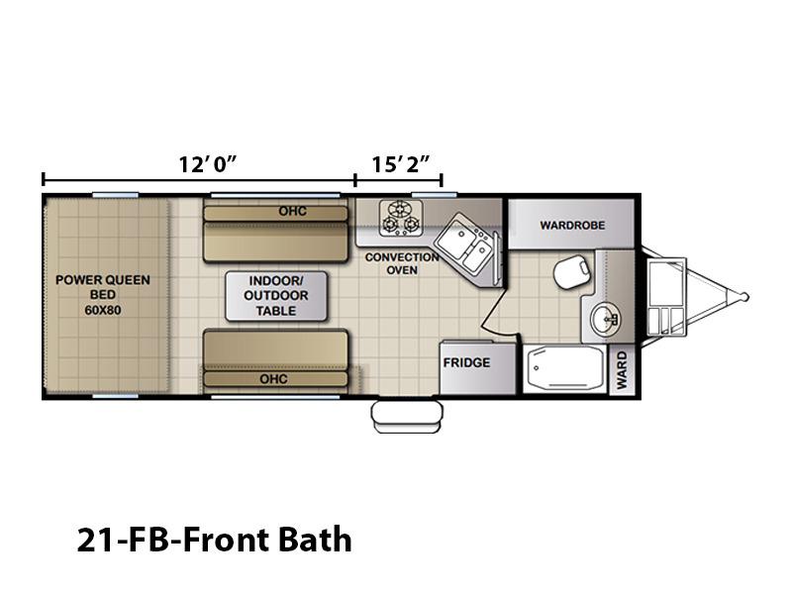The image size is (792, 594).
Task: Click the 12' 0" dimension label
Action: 208,164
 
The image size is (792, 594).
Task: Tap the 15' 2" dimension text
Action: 401,164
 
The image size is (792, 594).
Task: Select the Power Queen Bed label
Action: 103,294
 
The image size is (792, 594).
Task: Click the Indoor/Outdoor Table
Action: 276,296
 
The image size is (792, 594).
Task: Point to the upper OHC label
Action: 292,211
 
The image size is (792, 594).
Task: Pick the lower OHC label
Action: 273,379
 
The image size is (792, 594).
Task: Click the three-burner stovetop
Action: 401,218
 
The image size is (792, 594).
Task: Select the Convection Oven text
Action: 402,263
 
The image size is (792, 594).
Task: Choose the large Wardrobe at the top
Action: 571,224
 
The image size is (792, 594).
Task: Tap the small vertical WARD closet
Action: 622,370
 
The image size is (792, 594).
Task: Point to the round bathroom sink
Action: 605,319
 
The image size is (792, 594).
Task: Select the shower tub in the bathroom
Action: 564,368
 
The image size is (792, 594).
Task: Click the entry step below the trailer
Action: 407,416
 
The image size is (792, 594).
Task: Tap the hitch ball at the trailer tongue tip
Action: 744,297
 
